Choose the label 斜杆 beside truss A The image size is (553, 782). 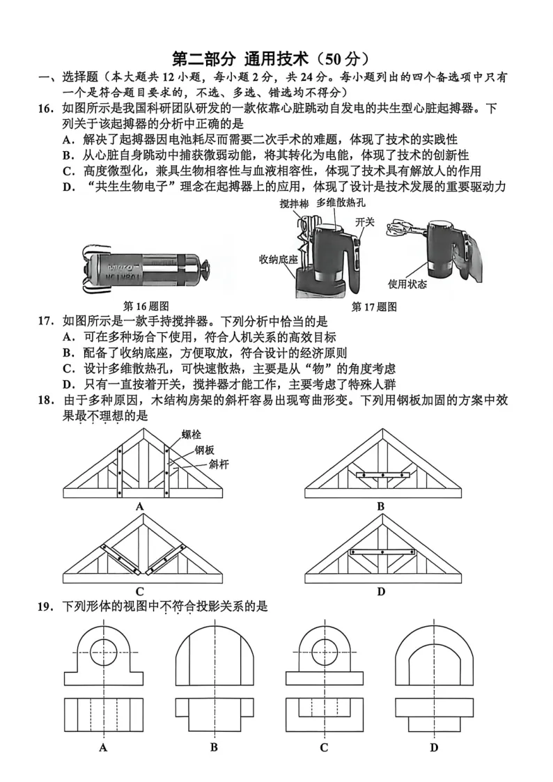pyautogui.click(x=219, y=464)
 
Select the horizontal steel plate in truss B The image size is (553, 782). pyautogui.click(x=381, y=476)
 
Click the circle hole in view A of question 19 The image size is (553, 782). pyautogui.click(x=103, y=652)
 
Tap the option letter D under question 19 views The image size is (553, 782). pyautogui.click(x=433, y=749)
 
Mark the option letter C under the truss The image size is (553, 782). pyautogui.click(x=140, y=591)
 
